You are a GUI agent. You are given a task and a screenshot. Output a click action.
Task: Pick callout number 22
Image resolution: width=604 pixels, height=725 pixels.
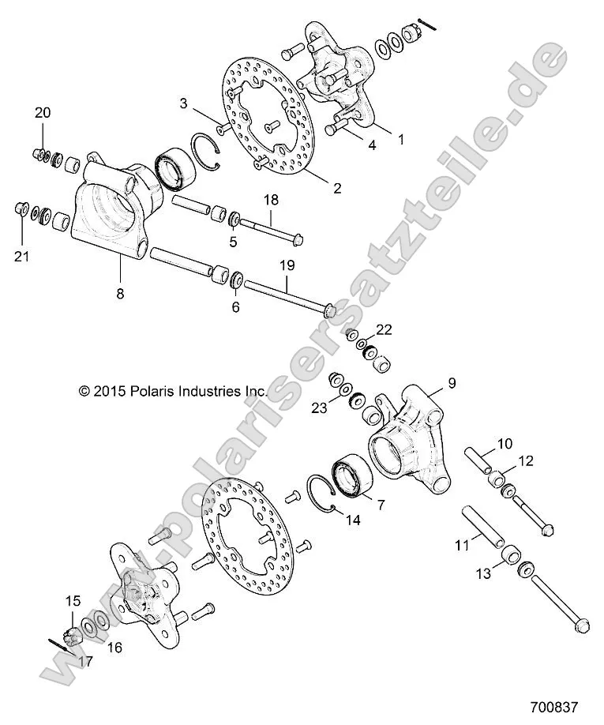(405, 329)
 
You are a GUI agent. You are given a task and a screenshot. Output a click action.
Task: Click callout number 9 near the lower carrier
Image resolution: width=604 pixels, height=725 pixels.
(452, 384)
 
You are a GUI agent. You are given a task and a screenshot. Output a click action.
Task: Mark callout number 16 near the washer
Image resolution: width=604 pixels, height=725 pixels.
(115, 648)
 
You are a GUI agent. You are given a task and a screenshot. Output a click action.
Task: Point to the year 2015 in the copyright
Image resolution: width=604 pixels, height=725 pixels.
(109, 390)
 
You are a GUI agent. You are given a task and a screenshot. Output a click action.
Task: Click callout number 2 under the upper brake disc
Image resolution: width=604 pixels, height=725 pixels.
(336, 188)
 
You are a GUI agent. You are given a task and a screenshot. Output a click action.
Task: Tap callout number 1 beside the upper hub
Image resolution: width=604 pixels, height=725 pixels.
(400, 140)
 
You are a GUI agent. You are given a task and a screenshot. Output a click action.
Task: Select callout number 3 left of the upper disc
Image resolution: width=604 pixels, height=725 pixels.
(184, 103)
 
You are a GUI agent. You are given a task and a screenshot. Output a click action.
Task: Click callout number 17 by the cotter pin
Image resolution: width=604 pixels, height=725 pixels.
(84, 662)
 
